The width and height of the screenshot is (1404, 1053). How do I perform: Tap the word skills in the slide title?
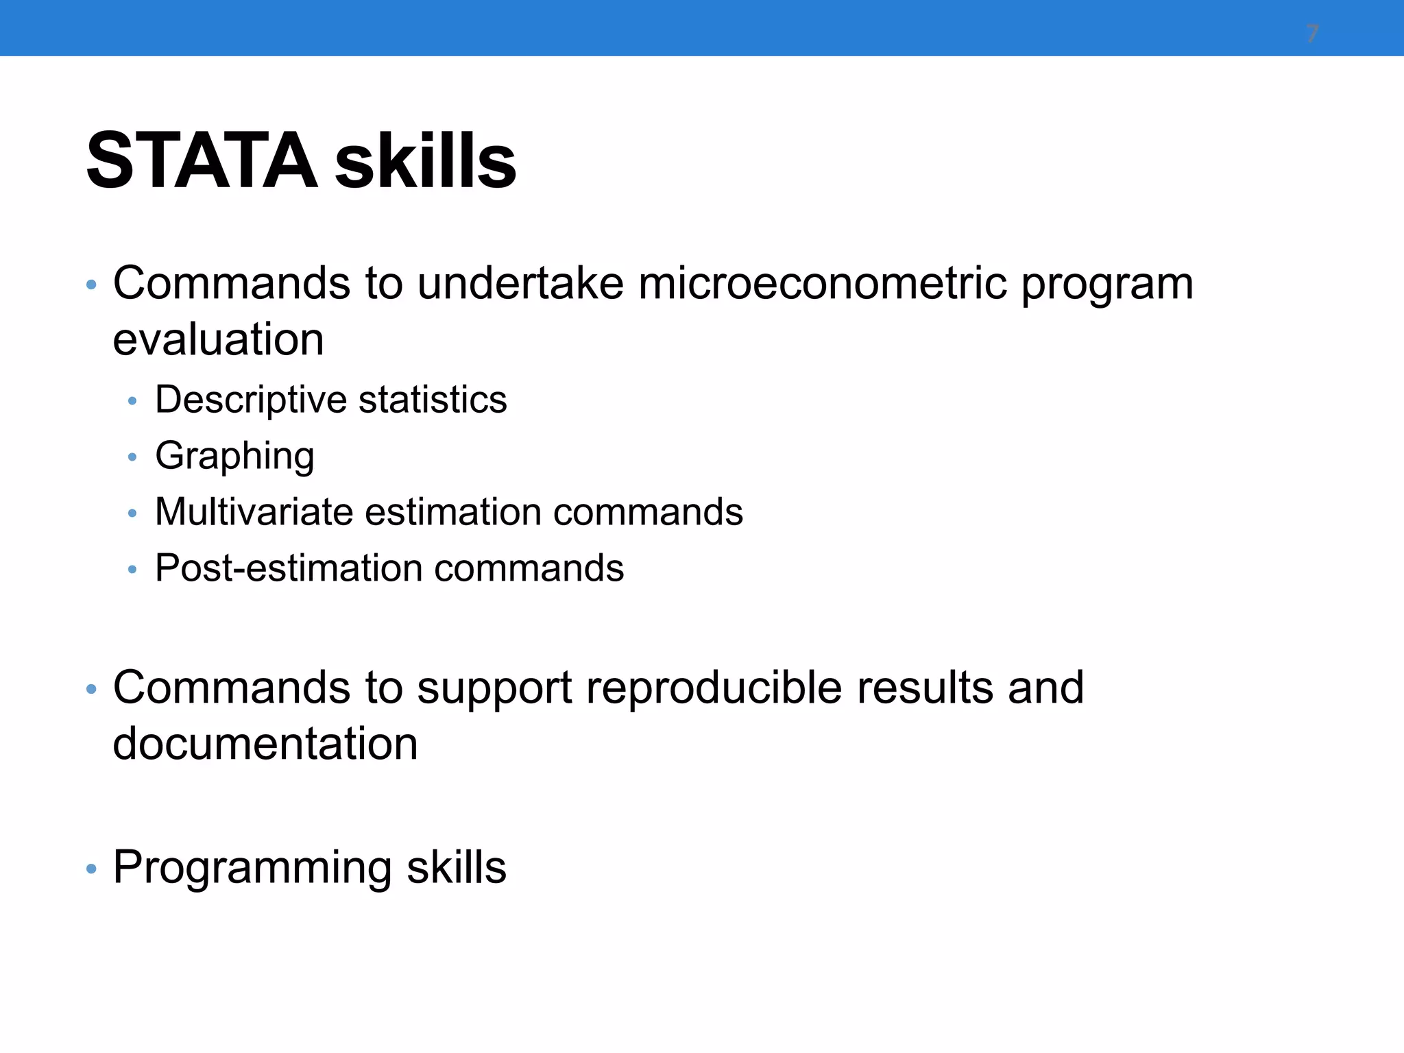pyautogui.click(x=425, y=161)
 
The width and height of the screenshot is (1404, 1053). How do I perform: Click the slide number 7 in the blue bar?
pyautogui.click(x=1312, y=34)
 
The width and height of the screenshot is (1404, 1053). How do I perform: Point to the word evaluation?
pyautogui.click(x=218, y=339)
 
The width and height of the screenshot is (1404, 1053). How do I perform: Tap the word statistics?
pyautogui.click(x=433, y=400)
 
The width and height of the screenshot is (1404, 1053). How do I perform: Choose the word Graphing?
pyautogui.click(x=234, y=457)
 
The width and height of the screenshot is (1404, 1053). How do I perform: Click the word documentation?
pyautogui.click(x=265, y=744)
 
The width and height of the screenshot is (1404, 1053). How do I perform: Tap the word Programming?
pyautogui.click(x=253, y=868)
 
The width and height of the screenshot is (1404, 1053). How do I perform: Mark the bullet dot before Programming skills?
pyautogui.click(x=91, y=870)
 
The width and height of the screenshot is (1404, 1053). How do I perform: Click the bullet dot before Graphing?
pyautogui.click(x=132, y=457)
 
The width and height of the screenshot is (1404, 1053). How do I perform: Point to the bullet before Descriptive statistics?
pyautogui.click(x=132, y=401)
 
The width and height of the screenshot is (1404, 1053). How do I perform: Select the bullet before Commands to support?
pyautogui.click(x=91, y=690)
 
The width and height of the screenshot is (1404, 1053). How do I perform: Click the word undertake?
pyautogui.click(x=520, y=283)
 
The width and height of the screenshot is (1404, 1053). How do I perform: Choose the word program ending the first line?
pyautogui.click(x=1106, y=285)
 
